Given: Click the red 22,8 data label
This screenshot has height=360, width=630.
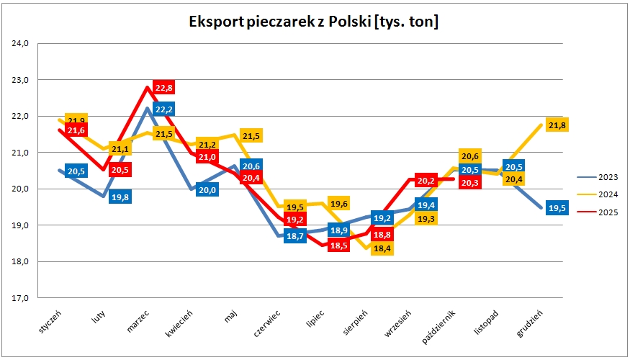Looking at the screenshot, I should coord(163,88).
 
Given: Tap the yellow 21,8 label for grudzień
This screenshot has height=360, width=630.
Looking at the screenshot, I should coord(557,125).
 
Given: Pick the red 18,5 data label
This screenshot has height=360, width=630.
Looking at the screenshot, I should coord(339,246).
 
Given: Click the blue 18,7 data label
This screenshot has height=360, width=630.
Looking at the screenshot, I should coord(296,235).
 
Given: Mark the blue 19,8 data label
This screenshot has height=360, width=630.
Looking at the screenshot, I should coord(120,197).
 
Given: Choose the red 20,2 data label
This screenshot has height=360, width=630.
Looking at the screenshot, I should coord(426,181).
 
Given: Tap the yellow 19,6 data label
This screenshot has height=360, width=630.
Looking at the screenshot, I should coord(339,204).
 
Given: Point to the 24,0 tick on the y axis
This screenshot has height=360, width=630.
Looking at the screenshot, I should coord(19,44).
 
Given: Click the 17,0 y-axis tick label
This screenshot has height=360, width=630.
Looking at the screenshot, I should coord(19,297).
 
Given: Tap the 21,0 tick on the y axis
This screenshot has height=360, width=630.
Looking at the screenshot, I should coord(19,153).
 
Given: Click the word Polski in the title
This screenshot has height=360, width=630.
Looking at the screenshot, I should coord(348,22).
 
